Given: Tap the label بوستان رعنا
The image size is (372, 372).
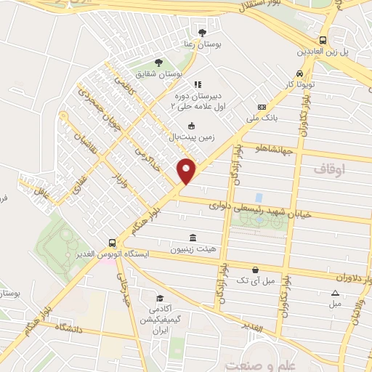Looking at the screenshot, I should pyautogui.click(x=203, y=45).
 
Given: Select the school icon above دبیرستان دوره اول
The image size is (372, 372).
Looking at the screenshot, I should pyautogui.click(x=198, y=84).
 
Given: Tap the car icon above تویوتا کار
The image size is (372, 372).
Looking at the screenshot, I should pyautogui.click(x=299, y=73).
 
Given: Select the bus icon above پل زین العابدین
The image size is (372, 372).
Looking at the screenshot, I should pyautogui.click(x=323, y=41).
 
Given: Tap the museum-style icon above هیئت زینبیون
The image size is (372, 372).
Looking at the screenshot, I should pyautogui.click(x=193, y=238).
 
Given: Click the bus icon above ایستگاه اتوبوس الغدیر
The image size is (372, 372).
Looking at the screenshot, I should pyautogui.click(x=111, y=243).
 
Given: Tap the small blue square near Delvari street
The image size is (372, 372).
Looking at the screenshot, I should pyautogui.click(x=259, y=198).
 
